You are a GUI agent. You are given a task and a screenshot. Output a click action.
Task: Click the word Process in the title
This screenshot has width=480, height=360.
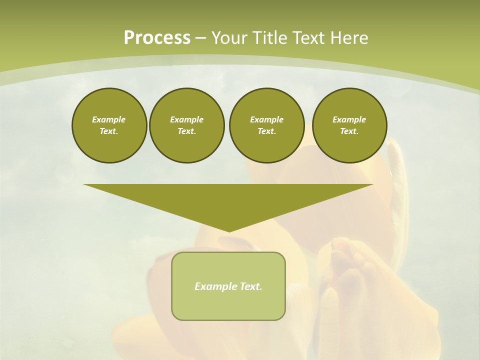click(157, 38)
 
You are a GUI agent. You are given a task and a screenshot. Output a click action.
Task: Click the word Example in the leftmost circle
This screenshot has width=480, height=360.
click(109, 119)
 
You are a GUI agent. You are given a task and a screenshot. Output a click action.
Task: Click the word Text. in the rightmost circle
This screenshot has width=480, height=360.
click(349, 131)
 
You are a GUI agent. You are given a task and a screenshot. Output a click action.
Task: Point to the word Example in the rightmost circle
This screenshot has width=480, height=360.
click(349, 119)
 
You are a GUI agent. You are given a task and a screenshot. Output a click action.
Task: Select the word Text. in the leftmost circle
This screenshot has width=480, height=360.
click(109, 131)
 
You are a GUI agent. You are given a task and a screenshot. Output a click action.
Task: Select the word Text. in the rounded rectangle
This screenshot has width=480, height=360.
click(251, 286)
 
